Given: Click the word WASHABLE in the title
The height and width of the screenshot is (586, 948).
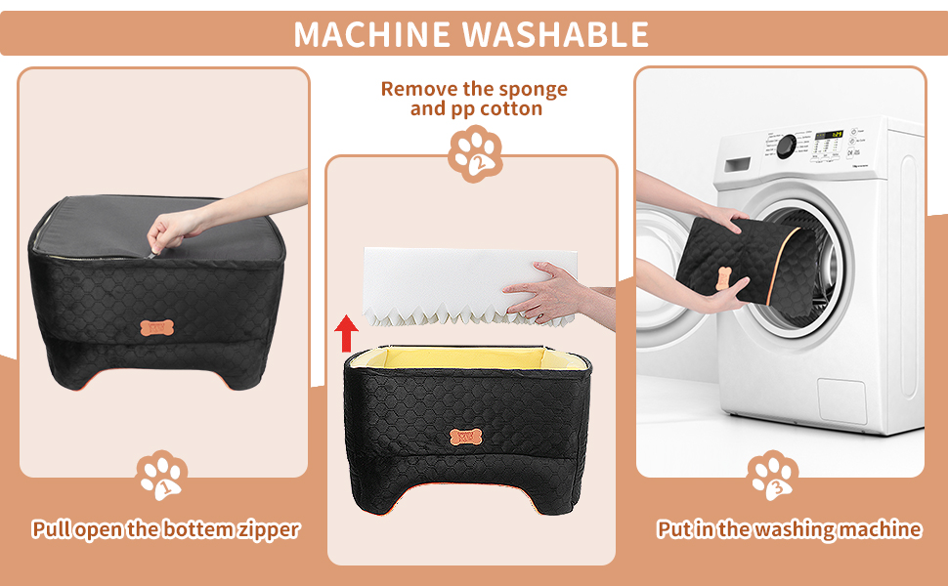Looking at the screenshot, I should [555, 34].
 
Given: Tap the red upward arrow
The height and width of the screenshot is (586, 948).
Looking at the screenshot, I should [344, 332].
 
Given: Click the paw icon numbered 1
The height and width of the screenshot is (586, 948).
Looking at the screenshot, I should [161, 476].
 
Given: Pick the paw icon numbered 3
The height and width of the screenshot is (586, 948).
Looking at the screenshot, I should [774, 476].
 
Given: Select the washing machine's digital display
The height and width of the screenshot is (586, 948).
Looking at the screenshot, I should [829, 135].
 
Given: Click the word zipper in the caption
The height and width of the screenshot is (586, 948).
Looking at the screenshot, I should [269, 530].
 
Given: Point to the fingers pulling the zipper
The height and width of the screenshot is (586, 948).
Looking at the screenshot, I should [160, 240].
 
